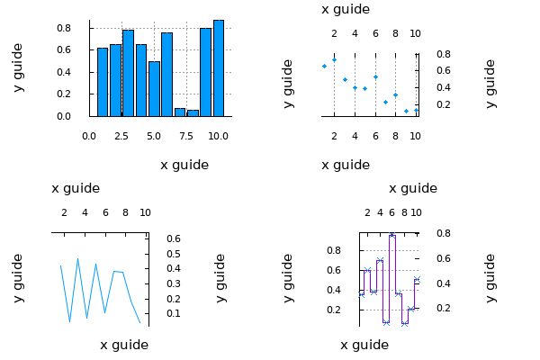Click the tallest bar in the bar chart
click(x=219, y=68)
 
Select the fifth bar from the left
click(x=154, y=89)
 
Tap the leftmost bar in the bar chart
click(x=103, y=82)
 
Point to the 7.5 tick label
click(x=186, y=136)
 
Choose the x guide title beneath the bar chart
click(x=184, y=165)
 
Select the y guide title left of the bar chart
click(x=18, y=67)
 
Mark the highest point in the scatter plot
click(x=334, y=59)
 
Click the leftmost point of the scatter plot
click(x=324, y=66)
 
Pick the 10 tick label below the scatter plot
click(x=415, y=136)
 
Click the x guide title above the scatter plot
click(x=346, y=9)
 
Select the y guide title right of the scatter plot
click(x=490, y=84)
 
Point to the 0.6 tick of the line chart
click(x=174, y=238)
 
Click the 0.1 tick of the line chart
click(x=174, y=313)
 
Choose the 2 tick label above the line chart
click(x=64, y=212)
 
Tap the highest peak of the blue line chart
click(x=78, y=258)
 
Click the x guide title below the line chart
click(x=124, y=345)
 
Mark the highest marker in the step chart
click(x=392, y=234)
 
